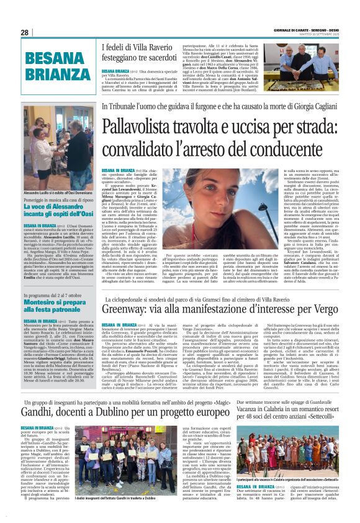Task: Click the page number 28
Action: click(x=24, y=32)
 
